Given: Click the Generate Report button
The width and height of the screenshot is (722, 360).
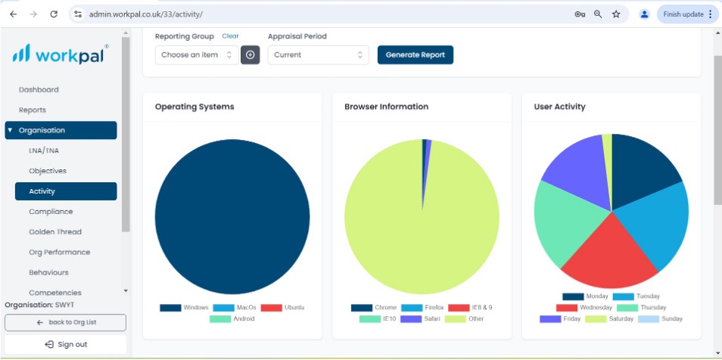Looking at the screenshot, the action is [415, 54].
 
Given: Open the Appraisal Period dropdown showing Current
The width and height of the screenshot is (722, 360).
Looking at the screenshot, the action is [318, 54].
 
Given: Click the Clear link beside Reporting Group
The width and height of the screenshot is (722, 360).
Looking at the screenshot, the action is [230, 36].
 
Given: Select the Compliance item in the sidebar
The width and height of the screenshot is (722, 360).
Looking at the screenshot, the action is [51, 212].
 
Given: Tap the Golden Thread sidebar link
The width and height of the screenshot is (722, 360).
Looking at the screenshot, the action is [55, 232].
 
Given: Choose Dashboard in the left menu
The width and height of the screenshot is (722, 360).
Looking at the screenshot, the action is [39, 90].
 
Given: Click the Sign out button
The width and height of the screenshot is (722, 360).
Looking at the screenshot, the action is [65, 344].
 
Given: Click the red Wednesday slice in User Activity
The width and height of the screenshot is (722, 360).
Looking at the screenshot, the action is [608, 258].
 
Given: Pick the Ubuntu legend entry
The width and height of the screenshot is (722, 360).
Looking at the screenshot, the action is [282, 308].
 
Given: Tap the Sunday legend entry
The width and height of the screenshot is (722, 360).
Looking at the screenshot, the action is [660, 318].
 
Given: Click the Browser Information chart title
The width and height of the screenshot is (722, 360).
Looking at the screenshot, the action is [386, 107].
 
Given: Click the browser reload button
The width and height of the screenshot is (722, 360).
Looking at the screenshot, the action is [54, 14].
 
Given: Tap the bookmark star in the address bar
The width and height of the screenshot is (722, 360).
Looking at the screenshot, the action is [616, 14].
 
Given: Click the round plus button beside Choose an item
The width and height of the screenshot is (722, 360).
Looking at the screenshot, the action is [250, 54].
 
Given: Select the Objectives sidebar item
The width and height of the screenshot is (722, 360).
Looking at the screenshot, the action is [48, 171].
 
